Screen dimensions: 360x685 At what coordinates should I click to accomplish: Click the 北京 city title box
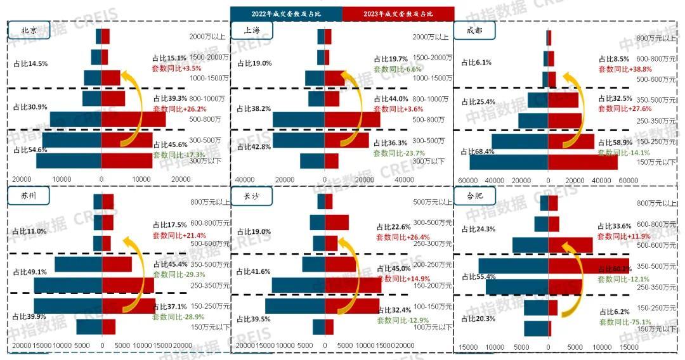(x=29, y=30)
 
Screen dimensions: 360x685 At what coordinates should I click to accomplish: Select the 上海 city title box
(x=251, y=30)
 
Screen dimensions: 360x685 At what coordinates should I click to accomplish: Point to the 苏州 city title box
(x=29, y=196)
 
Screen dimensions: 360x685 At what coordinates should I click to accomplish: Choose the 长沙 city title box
(x=251, y=196)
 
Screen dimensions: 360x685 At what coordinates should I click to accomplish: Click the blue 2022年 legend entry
(x=286, y=13)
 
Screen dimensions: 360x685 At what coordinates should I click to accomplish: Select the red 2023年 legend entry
(x=398, y=13)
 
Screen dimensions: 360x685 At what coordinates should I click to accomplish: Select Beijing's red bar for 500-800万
(x=133, y=119)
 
